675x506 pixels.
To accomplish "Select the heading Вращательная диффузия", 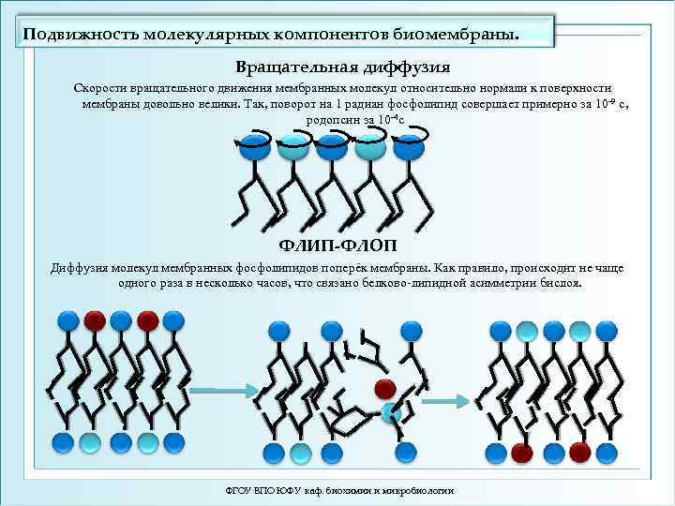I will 343,68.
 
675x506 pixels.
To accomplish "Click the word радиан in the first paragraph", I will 376,103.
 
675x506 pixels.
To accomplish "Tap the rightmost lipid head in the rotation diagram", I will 406,145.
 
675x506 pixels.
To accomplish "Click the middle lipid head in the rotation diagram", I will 329,145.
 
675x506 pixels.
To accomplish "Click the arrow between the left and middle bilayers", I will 222,389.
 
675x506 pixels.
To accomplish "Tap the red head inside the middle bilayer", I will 383,387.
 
